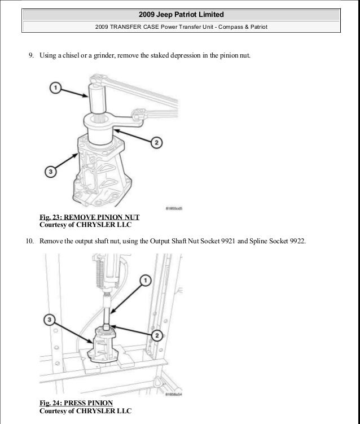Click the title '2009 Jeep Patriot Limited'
point(180,14)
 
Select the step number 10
point(30,242)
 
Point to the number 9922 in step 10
point(297,242)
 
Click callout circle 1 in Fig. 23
point(55,88)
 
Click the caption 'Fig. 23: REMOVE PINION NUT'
point(89,217)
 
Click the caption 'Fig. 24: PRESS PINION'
point(76,402)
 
